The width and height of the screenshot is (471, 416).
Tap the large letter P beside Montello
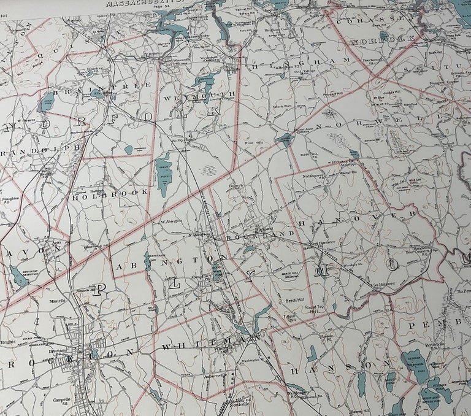click(98, 288)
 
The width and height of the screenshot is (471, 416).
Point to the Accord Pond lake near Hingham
click(285, 140)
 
